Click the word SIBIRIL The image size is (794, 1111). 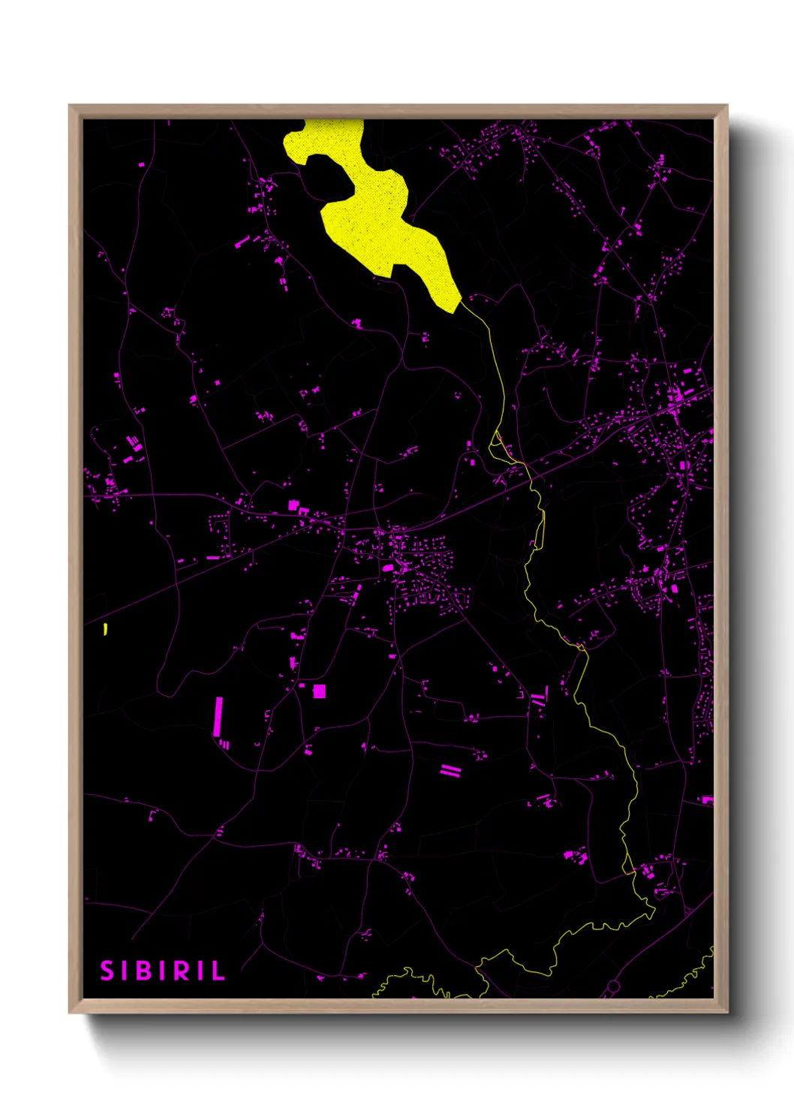point(163,971)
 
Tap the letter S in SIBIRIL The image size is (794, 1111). point(107,971)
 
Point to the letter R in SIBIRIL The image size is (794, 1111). point(181,971)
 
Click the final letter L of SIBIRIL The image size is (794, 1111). point(218,971)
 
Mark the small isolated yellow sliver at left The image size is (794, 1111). point(106,629)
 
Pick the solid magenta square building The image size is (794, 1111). point(320,691)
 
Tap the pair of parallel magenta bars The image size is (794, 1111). point(450,770)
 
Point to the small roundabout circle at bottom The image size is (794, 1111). point(614,985)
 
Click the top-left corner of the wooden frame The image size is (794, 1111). point(71,107)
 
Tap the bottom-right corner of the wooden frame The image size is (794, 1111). point(726,1012)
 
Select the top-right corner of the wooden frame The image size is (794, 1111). point(726,107)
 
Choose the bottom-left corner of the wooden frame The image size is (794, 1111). point(71,1012)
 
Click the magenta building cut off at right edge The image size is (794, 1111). point(707,800)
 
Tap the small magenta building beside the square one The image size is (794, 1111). point(302,685)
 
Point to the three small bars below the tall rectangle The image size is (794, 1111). point(224,744)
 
